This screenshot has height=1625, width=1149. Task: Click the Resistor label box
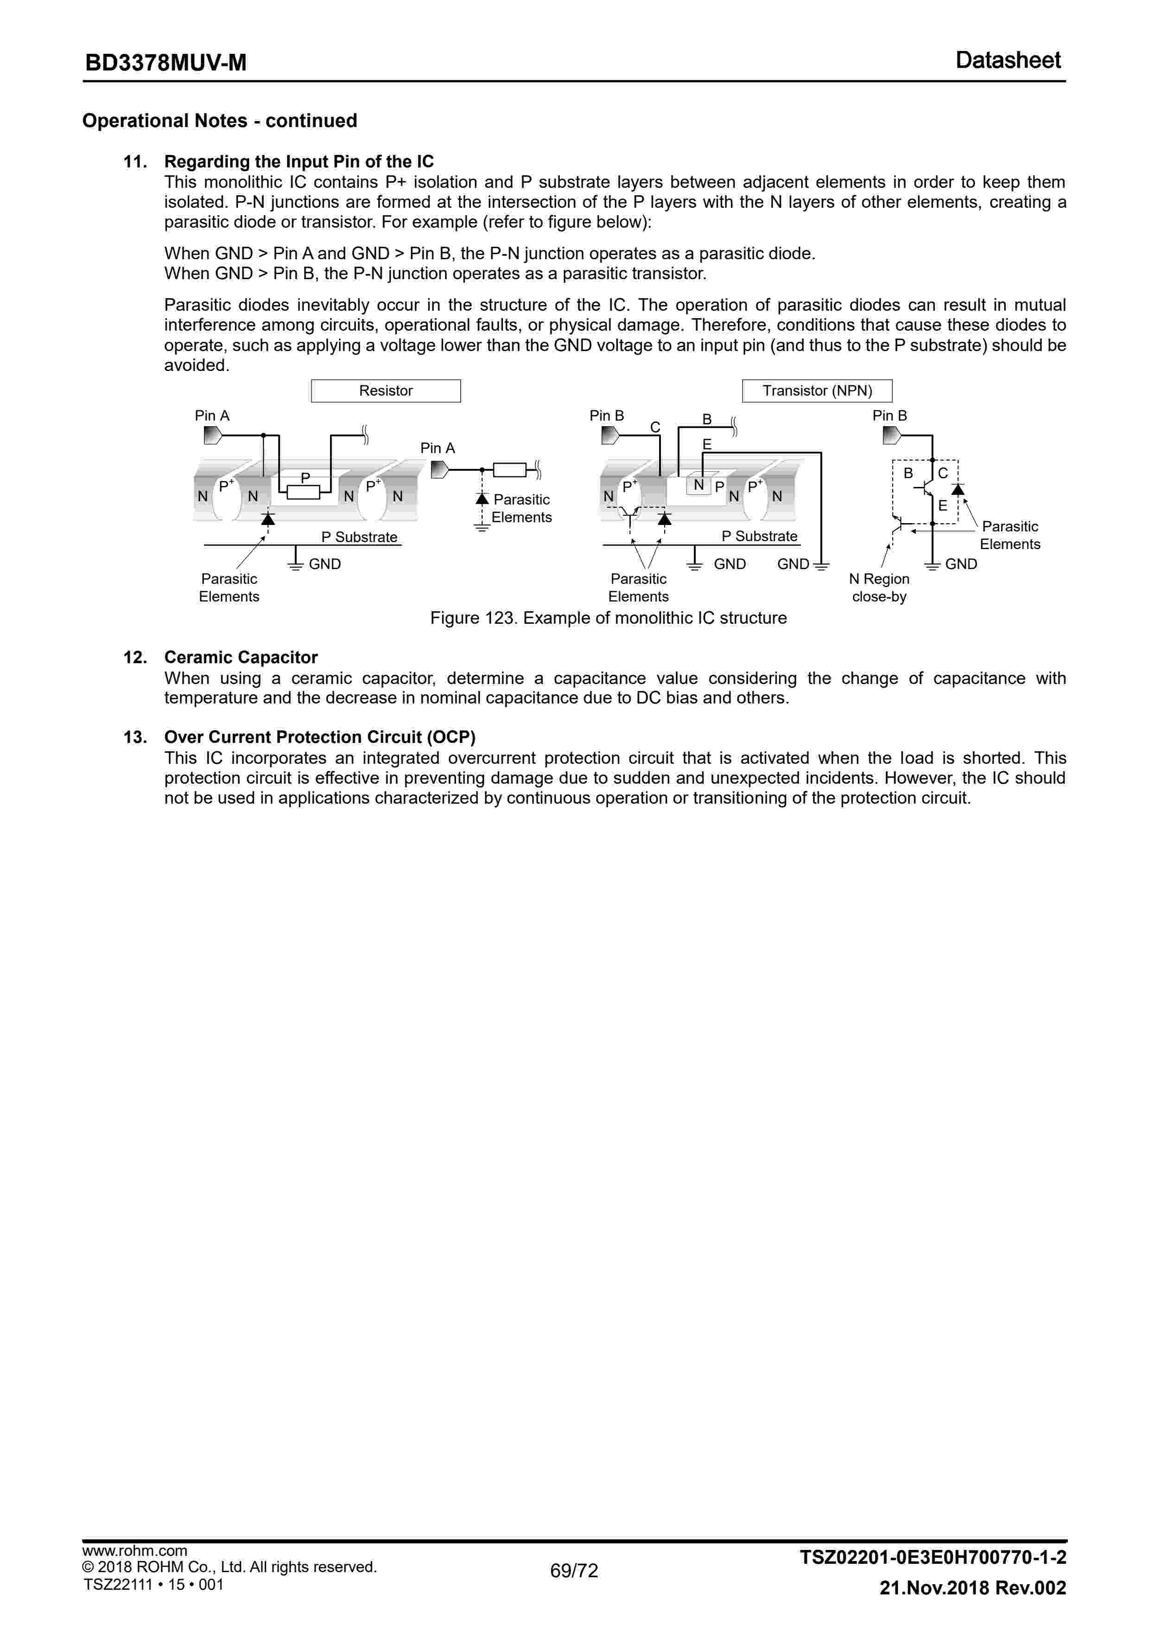pos(386,390)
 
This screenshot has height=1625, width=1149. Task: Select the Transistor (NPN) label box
pos(817,390)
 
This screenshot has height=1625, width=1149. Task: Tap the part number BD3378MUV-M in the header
pos(165,63)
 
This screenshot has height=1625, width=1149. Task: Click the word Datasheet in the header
pos(1008,60)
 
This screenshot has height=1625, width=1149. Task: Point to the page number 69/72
pos(574,1570)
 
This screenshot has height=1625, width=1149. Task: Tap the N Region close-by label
pos(879,588)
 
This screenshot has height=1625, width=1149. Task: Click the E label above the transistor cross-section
pos(707,444)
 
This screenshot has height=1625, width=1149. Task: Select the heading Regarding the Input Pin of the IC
pos(298,161)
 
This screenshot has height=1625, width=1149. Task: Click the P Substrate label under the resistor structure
pos(359,537)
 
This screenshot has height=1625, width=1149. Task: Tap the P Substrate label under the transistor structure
pos(759,537)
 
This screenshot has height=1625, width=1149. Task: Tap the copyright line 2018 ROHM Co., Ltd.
pos(229,1566)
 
